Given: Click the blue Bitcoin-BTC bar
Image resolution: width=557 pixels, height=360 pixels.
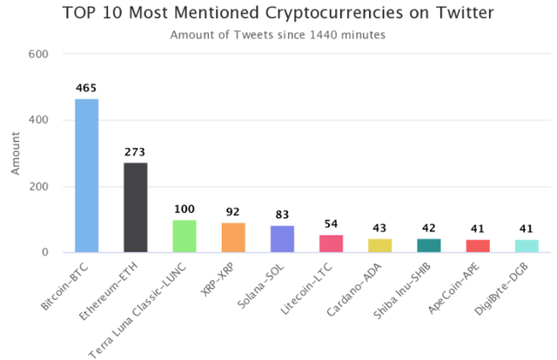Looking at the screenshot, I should [x=86, y=176].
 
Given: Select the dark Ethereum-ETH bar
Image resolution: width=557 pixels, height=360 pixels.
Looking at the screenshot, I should [x=135, y=208].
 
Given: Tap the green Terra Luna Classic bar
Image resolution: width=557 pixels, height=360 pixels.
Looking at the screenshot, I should [x=185, y=237].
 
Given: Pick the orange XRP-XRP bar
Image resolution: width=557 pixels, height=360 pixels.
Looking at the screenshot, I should [x=233, y=237].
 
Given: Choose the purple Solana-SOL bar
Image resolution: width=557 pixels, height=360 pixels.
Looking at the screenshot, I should [x=282, y=239].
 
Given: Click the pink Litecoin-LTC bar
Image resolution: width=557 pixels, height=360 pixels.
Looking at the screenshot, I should [x=331, y=243].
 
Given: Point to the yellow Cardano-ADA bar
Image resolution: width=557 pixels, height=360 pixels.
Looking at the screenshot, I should [x=380, y=245].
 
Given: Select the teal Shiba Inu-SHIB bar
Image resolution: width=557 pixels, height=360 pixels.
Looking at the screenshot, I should [x=429, y=245].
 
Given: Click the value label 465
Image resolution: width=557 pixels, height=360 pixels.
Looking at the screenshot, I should [x=86, y=89].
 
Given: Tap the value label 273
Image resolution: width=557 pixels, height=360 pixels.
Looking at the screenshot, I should [x=135, y=152].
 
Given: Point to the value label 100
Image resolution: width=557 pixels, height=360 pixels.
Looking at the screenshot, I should [x=185, y=210].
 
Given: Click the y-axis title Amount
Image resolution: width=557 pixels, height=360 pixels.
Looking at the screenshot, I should [x=15, y=153].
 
